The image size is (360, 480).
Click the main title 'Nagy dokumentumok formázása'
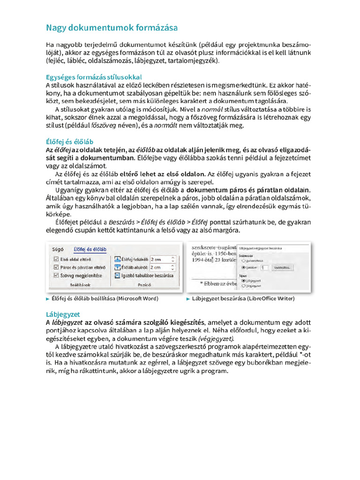pyautogui.click(x=111, y=28)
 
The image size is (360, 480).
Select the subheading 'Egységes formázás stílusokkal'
pyautogui.click(x=94, y=77)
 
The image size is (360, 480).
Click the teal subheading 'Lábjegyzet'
pyautogui.click(x=63, y=314)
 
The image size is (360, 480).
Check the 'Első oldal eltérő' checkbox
pyautogui.click(x=56, y=259)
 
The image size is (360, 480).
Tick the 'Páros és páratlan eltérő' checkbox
pyautogui.click(x=56, y=268)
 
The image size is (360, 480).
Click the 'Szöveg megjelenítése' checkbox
pyautogui.click(x=56, y=276)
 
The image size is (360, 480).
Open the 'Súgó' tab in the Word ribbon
pyautogui.click(x=59, y=249)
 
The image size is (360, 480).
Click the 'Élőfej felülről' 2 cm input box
pyautogui.click(x=162, y=259)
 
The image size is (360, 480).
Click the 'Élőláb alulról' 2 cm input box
pyautogui.click(x=162, y=268)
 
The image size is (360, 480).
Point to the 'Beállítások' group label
pyautogui.click(x=80, y=285)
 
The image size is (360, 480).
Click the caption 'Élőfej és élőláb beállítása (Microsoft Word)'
pyautogui.click(x=105, y=298)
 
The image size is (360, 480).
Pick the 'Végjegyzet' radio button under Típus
pyautogui.click(x=244, y=285)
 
